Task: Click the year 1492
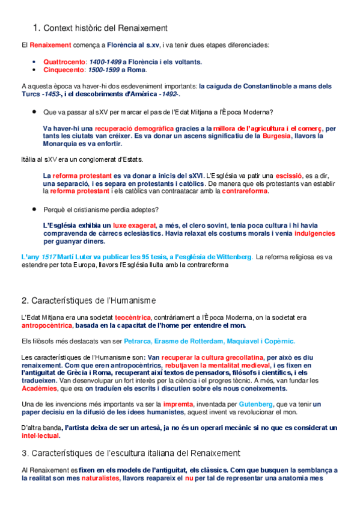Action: click(165, 94)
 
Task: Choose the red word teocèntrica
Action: click(132, 317)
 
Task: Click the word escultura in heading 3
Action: click(115, 453)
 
